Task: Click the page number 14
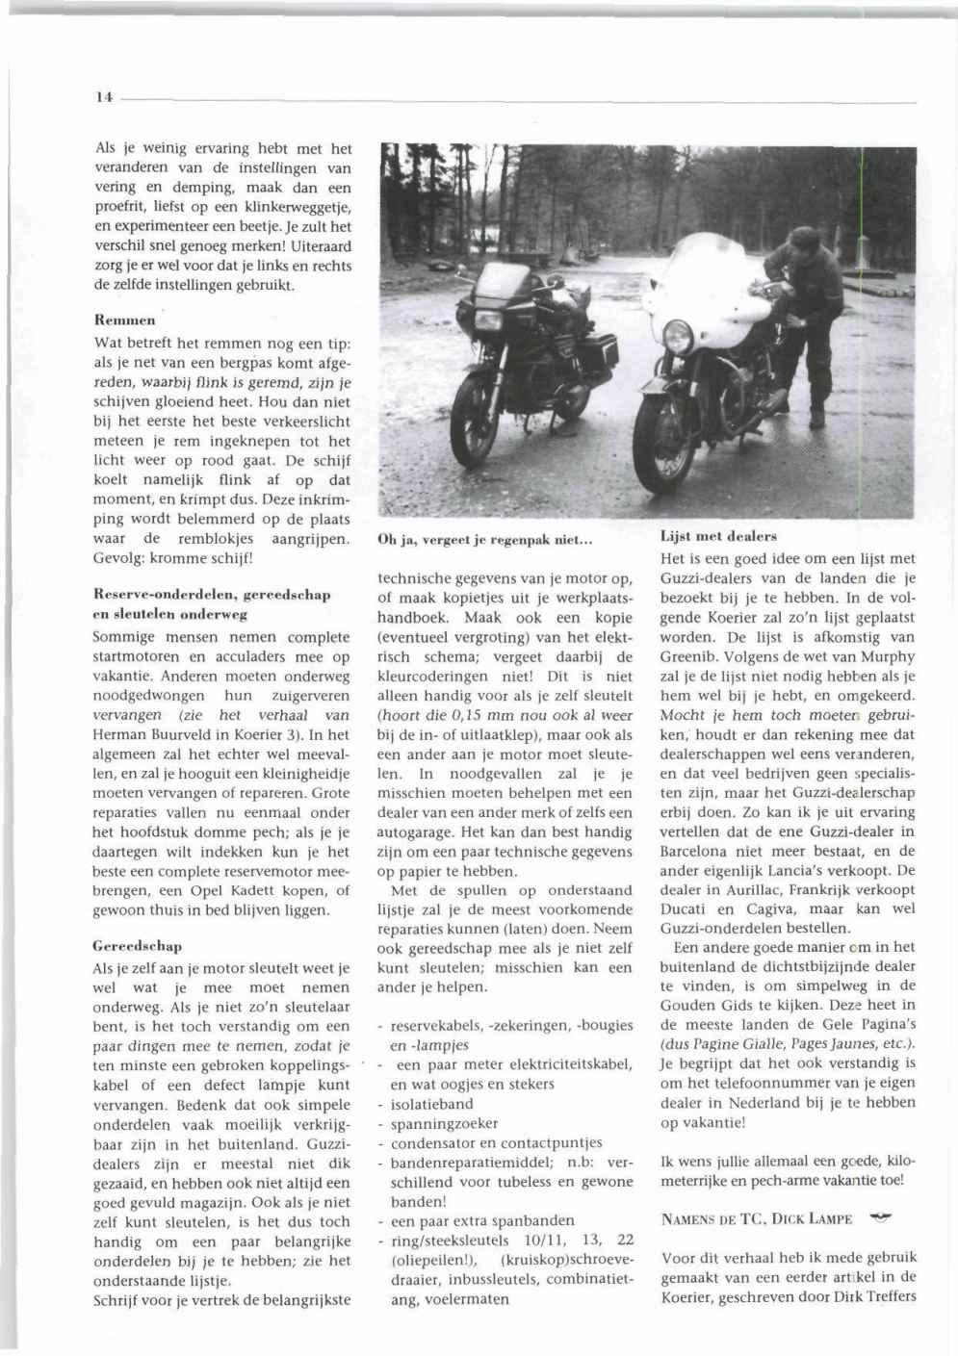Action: click(104, 97)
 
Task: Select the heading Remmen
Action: click(125, 320)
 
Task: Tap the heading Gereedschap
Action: click(138, 946)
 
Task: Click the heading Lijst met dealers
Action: click(718, 536)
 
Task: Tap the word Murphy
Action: click(889, 656)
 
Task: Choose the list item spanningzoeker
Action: click(444, 1123)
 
